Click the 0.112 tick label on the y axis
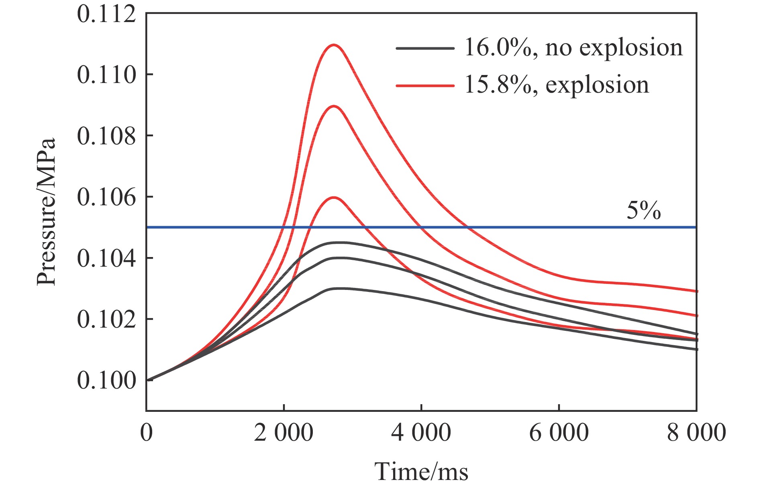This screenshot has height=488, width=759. [106, 14]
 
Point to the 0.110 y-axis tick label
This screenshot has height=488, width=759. [106, 75]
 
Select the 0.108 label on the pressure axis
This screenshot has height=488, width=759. [106, 136]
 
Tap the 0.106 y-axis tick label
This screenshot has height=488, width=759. [106, 197]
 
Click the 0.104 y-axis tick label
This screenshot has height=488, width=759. [106, 258]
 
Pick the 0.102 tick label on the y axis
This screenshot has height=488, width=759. [106, 320]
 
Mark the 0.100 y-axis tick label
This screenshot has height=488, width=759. [106, 381]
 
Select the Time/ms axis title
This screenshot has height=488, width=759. [421, 472]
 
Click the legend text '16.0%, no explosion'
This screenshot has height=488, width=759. [573, 48]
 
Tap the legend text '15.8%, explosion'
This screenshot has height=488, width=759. [557, 85]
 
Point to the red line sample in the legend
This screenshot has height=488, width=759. [425, 85]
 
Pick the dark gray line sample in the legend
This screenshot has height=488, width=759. [425, 48]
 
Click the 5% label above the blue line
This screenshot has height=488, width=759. [643, 210]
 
